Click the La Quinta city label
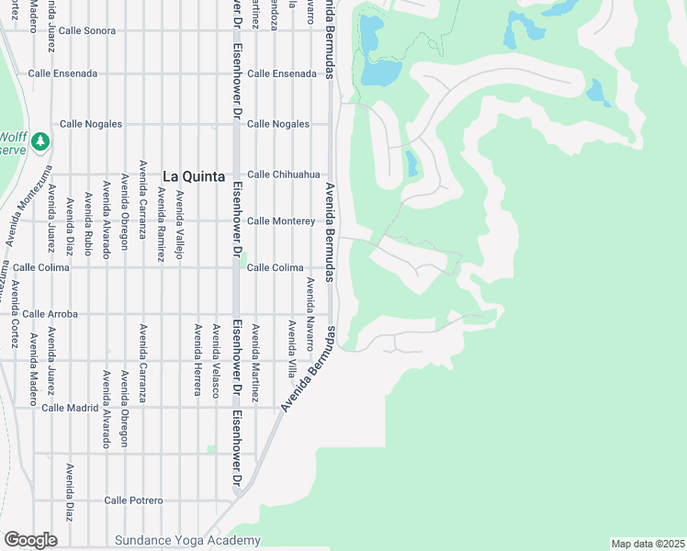tap(194, 176)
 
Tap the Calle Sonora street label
tap(87, 30)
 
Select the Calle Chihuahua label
tap(283, 174)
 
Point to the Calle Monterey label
tap(281, 221)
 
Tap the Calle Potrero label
tap(133, 500)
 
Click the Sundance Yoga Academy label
tap(187, 541)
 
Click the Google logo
tap(30, 540)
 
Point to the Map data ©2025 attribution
tap(648, 544)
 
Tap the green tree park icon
tap(39, 141)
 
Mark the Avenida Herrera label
tap(197, 359)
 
